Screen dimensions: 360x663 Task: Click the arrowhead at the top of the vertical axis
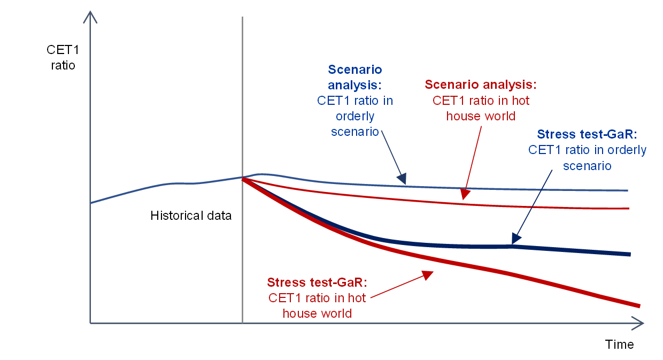(x=90, y=17)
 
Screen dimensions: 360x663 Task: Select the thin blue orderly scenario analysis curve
(x=535, y=189)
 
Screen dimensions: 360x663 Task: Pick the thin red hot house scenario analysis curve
(x=535, y=206)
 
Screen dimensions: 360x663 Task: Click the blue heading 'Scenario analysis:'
(x=355, y=78)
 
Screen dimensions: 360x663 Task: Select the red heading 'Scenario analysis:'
(x=480, y=85)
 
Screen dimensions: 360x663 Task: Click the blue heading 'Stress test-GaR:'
(x=587, y=134)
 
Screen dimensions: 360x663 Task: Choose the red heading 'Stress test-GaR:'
(x=318, y=282)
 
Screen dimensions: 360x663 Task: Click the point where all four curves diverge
(x=243, y=178)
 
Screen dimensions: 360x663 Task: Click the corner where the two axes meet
(x=90, y=323)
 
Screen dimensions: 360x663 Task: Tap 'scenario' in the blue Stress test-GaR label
(x=587, y=166)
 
